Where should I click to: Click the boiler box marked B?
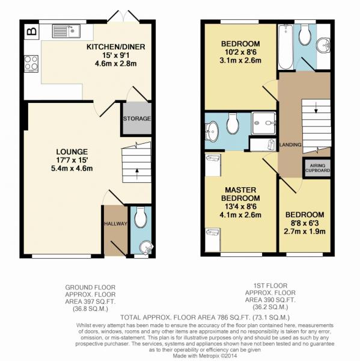tap(31, 31)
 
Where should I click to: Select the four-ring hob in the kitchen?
tap(31, 63)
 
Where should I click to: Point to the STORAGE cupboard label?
tap(137, 119)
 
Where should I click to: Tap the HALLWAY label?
tap(115, 223)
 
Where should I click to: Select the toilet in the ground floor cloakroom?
tap(141, 218)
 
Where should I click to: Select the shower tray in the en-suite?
tap(263, 123)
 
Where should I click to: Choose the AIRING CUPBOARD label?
tap(318, 168)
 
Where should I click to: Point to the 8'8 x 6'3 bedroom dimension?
tap(305, 223)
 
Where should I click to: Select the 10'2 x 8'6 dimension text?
tap(240, 52)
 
